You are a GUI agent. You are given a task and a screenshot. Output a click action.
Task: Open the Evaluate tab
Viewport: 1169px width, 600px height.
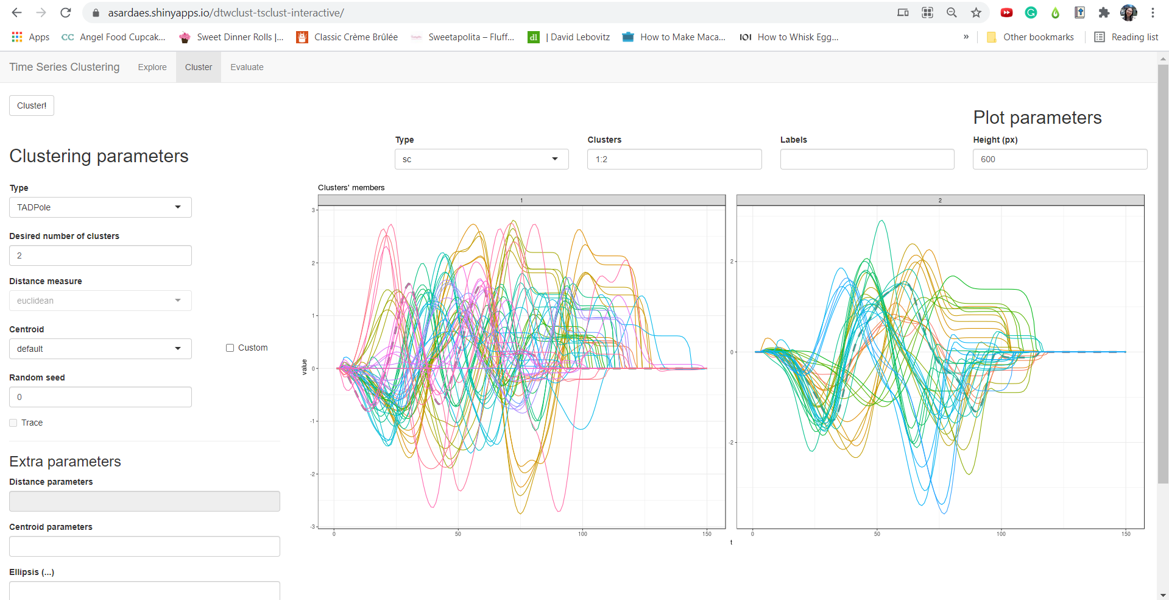point(247,67)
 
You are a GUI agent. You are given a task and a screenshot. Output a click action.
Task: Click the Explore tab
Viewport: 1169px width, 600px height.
point(152,67)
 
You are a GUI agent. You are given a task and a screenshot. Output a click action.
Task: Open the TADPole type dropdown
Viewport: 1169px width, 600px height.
point(101,207)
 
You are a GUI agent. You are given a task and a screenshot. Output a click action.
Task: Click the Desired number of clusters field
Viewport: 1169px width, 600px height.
point(101,255)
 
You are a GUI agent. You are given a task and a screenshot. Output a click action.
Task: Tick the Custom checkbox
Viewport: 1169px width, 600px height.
point(230,348)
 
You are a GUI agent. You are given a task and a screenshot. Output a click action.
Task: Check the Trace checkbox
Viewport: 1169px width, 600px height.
point(13,423)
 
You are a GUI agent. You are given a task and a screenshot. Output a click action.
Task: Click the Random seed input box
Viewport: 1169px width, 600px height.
point(101,397)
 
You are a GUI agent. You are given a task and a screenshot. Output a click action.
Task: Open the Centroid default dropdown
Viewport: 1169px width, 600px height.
point(101,349)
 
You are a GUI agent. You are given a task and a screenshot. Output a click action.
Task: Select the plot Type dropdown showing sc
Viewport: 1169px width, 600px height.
point(481,159)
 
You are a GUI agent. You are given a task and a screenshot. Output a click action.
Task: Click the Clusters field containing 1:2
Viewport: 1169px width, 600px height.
point(674,159)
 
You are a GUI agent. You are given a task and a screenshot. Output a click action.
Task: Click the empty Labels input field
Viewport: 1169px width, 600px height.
point(867,159)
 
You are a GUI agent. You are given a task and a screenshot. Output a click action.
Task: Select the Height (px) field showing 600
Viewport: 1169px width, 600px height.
point(1059,159)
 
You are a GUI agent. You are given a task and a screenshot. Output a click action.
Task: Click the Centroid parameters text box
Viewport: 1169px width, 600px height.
point(144,546)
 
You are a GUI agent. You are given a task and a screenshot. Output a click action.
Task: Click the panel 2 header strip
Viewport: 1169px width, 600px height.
point(940,200)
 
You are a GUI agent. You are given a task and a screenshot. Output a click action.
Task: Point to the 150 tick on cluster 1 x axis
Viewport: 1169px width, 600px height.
point(707,534)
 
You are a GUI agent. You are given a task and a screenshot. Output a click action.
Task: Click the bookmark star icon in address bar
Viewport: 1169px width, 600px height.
point(976,12)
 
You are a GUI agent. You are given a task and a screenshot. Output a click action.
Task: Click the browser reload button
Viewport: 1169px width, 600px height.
point(66,12)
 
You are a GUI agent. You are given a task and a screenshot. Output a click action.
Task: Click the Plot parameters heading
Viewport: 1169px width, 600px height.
point(1037,117)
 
